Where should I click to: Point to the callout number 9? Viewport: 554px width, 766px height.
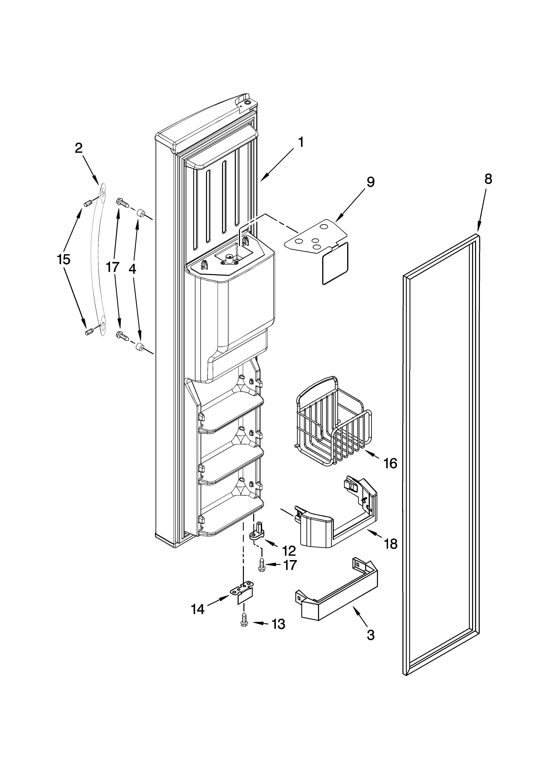(x=370, y=182)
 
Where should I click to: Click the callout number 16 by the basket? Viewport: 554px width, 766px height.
(x=390, y=464)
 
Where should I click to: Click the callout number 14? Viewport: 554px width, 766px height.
(x=198, y=609)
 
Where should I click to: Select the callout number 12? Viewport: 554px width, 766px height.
(x=289, y=551)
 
